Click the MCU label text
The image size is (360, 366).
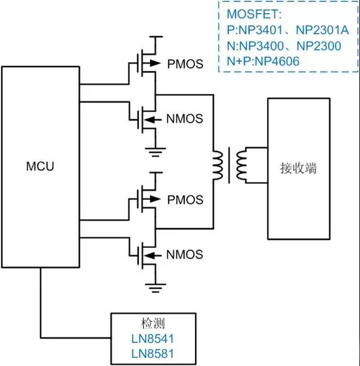(40, 166)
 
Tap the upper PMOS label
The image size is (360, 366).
(186, 64)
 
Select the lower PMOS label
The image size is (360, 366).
(186, 200)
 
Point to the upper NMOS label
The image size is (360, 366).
(185, 119)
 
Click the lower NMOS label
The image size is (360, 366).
(185, 254)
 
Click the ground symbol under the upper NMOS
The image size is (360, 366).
(156, 152)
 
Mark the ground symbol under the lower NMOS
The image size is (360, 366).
(156, 288)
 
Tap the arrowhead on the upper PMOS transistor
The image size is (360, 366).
(155, 63)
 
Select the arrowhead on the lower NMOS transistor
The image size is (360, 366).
(150, 256)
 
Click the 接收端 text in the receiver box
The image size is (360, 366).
(299, 168)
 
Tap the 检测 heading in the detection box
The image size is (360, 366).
(153, 324)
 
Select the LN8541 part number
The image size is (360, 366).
(153, 339)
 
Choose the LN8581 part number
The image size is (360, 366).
(153, 354)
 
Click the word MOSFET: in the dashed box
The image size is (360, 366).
(254, 14)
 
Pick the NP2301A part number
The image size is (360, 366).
(323, 30)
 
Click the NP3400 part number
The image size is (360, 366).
(261, 46)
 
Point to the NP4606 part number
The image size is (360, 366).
(277, 62)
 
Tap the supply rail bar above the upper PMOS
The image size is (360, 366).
(156, 37)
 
